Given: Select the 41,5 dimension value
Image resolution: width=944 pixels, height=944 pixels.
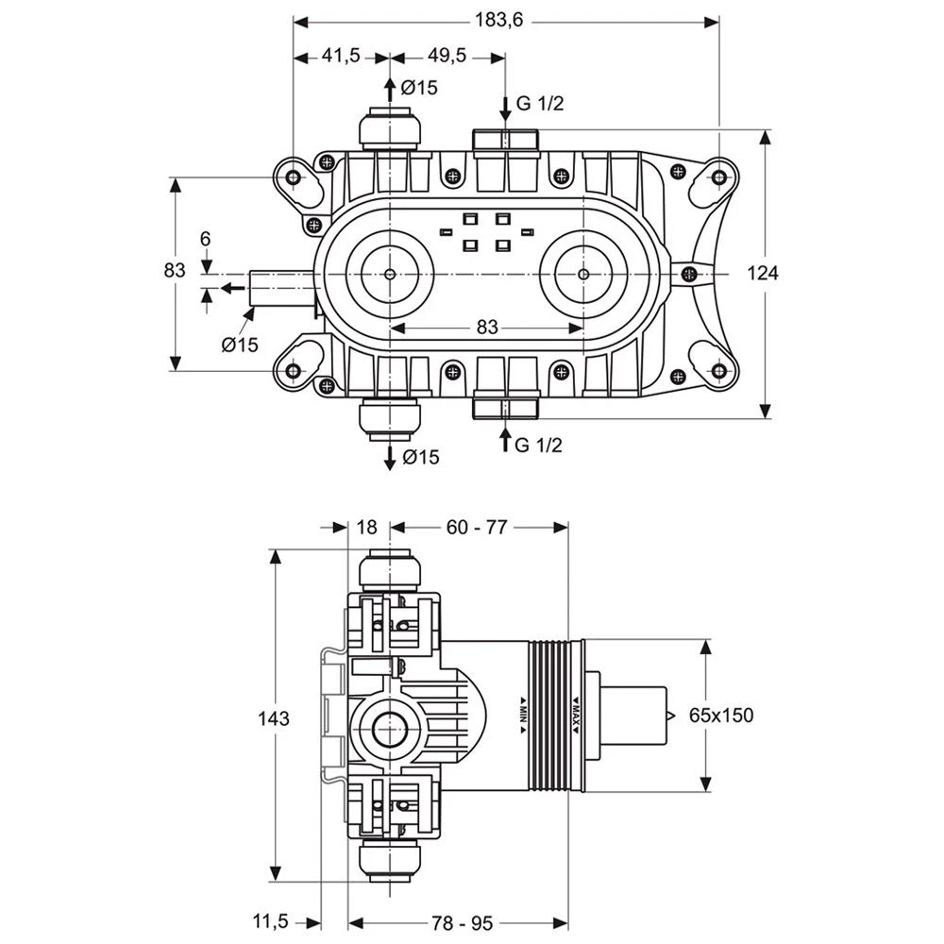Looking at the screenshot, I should [341, 57].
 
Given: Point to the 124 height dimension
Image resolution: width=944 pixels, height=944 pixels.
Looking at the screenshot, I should [763, 273].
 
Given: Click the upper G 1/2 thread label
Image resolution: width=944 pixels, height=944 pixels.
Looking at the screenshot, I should [539, 104].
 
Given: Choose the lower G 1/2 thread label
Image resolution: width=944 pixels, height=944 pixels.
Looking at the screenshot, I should [539, 445].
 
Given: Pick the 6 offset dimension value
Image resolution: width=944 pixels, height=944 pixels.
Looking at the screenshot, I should [206, 240].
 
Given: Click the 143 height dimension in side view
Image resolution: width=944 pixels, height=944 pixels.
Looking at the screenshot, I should [273, 719].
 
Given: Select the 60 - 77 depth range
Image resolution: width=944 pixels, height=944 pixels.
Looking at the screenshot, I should [477, 528].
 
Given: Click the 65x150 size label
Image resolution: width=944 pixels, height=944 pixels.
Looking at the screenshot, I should [721, 716].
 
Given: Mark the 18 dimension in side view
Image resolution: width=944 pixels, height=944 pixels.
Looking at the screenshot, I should [367, 528].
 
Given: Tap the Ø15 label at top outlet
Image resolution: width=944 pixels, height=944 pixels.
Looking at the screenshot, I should [418, 88].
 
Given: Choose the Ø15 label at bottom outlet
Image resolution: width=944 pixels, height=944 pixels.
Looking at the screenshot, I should [419, 458].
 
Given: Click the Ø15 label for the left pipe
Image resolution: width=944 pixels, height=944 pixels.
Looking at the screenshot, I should [241, 345].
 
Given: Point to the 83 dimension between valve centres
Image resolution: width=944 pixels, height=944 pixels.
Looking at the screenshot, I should [486, 328].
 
